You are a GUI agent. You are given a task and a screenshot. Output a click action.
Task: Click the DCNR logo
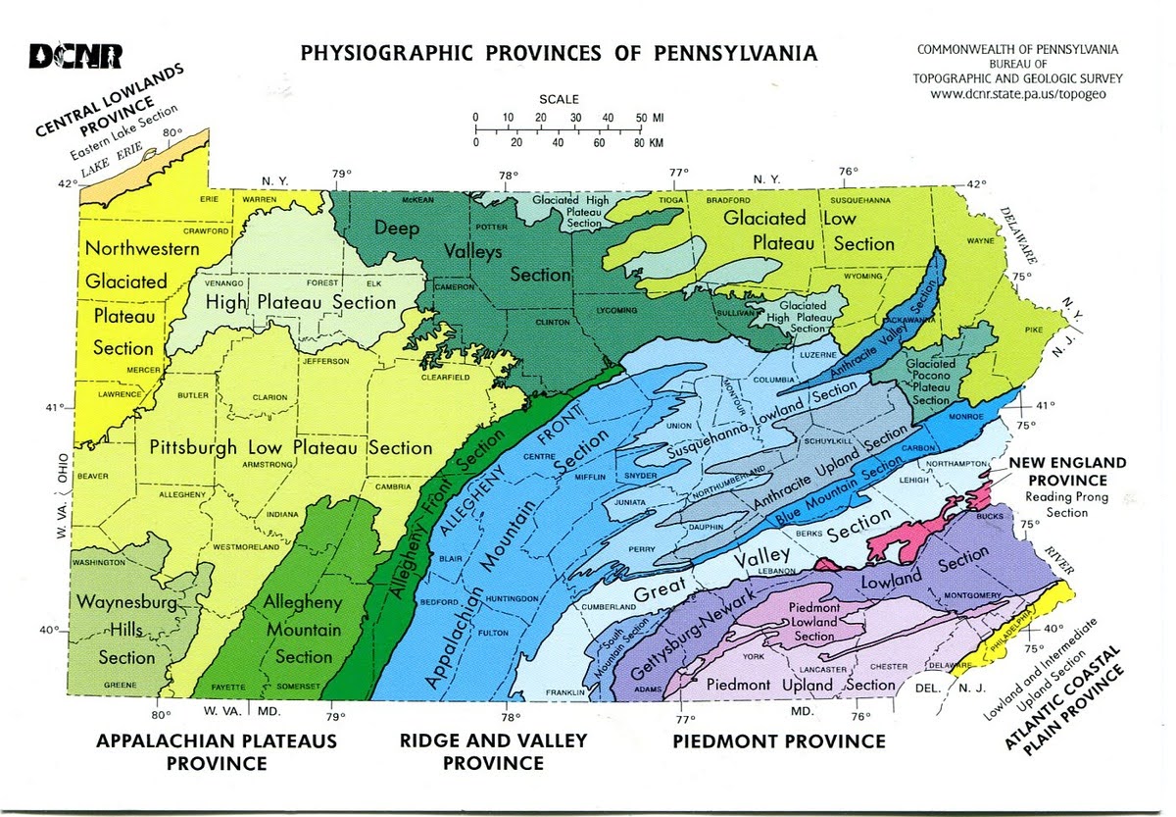coord(75,57)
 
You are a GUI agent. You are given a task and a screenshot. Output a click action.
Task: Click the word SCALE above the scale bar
coord(559,99)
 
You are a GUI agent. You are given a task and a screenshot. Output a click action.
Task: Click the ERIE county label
coord(209,199)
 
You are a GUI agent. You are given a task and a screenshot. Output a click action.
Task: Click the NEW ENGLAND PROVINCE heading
coord(1068,471)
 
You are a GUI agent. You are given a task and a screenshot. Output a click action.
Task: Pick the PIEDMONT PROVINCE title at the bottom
coord(779,741)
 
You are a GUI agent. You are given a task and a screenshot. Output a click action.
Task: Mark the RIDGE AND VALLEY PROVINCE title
coord(493,750)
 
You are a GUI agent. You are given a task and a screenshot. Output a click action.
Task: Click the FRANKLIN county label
coord(565,692)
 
